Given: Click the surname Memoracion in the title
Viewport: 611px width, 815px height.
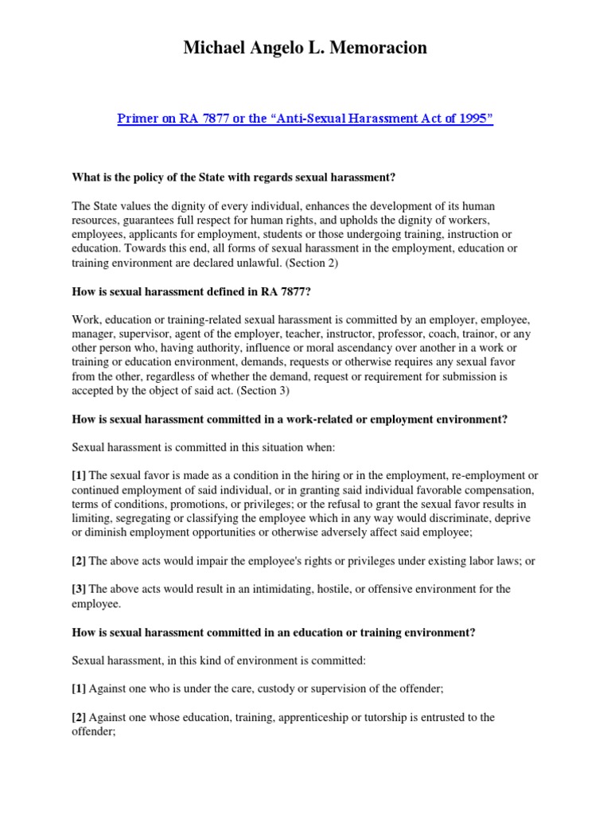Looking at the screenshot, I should pos(375,48).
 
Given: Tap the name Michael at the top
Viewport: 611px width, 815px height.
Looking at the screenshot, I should pos(216,48).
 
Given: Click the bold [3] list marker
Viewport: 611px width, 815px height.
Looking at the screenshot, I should pos(79,589).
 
